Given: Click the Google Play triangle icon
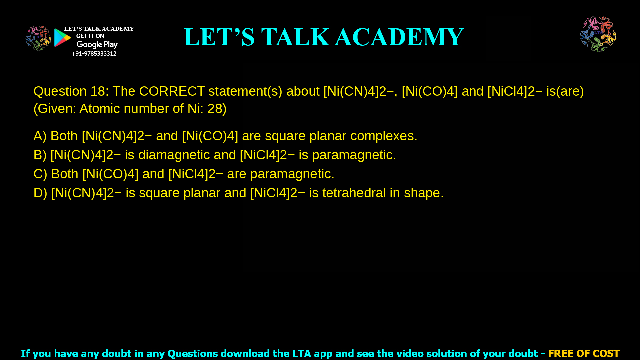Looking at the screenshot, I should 62,38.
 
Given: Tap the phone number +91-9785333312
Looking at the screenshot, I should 94,54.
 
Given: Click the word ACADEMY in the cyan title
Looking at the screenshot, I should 399,37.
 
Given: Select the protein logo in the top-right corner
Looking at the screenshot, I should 598,34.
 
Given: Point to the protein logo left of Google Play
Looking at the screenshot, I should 38,38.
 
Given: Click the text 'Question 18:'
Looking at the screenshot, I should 71,91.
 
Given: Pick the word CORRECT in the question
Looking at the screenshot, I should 172,91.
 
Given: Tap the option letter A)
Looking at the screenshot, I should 40,136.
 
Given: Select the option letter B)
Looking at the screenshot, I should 40,155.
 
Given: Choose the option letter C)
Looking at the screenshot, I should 40,174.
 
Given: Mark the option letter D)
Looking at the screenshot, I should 40,193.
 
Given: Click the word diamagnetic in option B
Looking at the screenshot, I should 174,155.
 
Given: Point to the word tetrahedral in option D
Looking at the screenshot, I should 354,193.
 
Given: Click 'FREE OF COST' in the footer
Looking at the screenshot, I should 583,353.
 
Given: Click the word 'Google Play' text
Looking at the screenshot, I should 97,45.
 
